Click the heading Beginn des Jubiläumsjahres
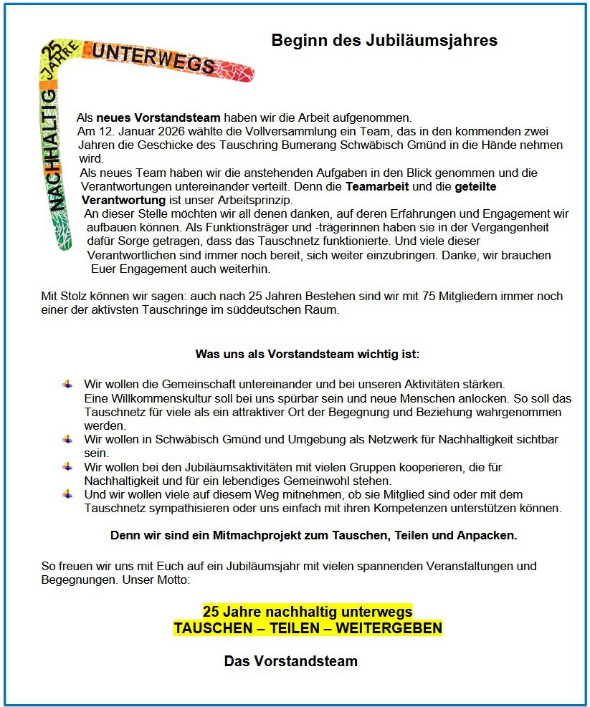384,40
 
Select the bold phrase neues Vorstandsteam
158,117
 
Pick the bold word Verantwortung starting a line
124,200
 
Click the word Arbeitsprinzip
256,200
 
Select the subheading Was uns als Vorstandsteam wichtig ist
307,354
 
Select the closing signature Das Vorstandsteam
290,661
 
